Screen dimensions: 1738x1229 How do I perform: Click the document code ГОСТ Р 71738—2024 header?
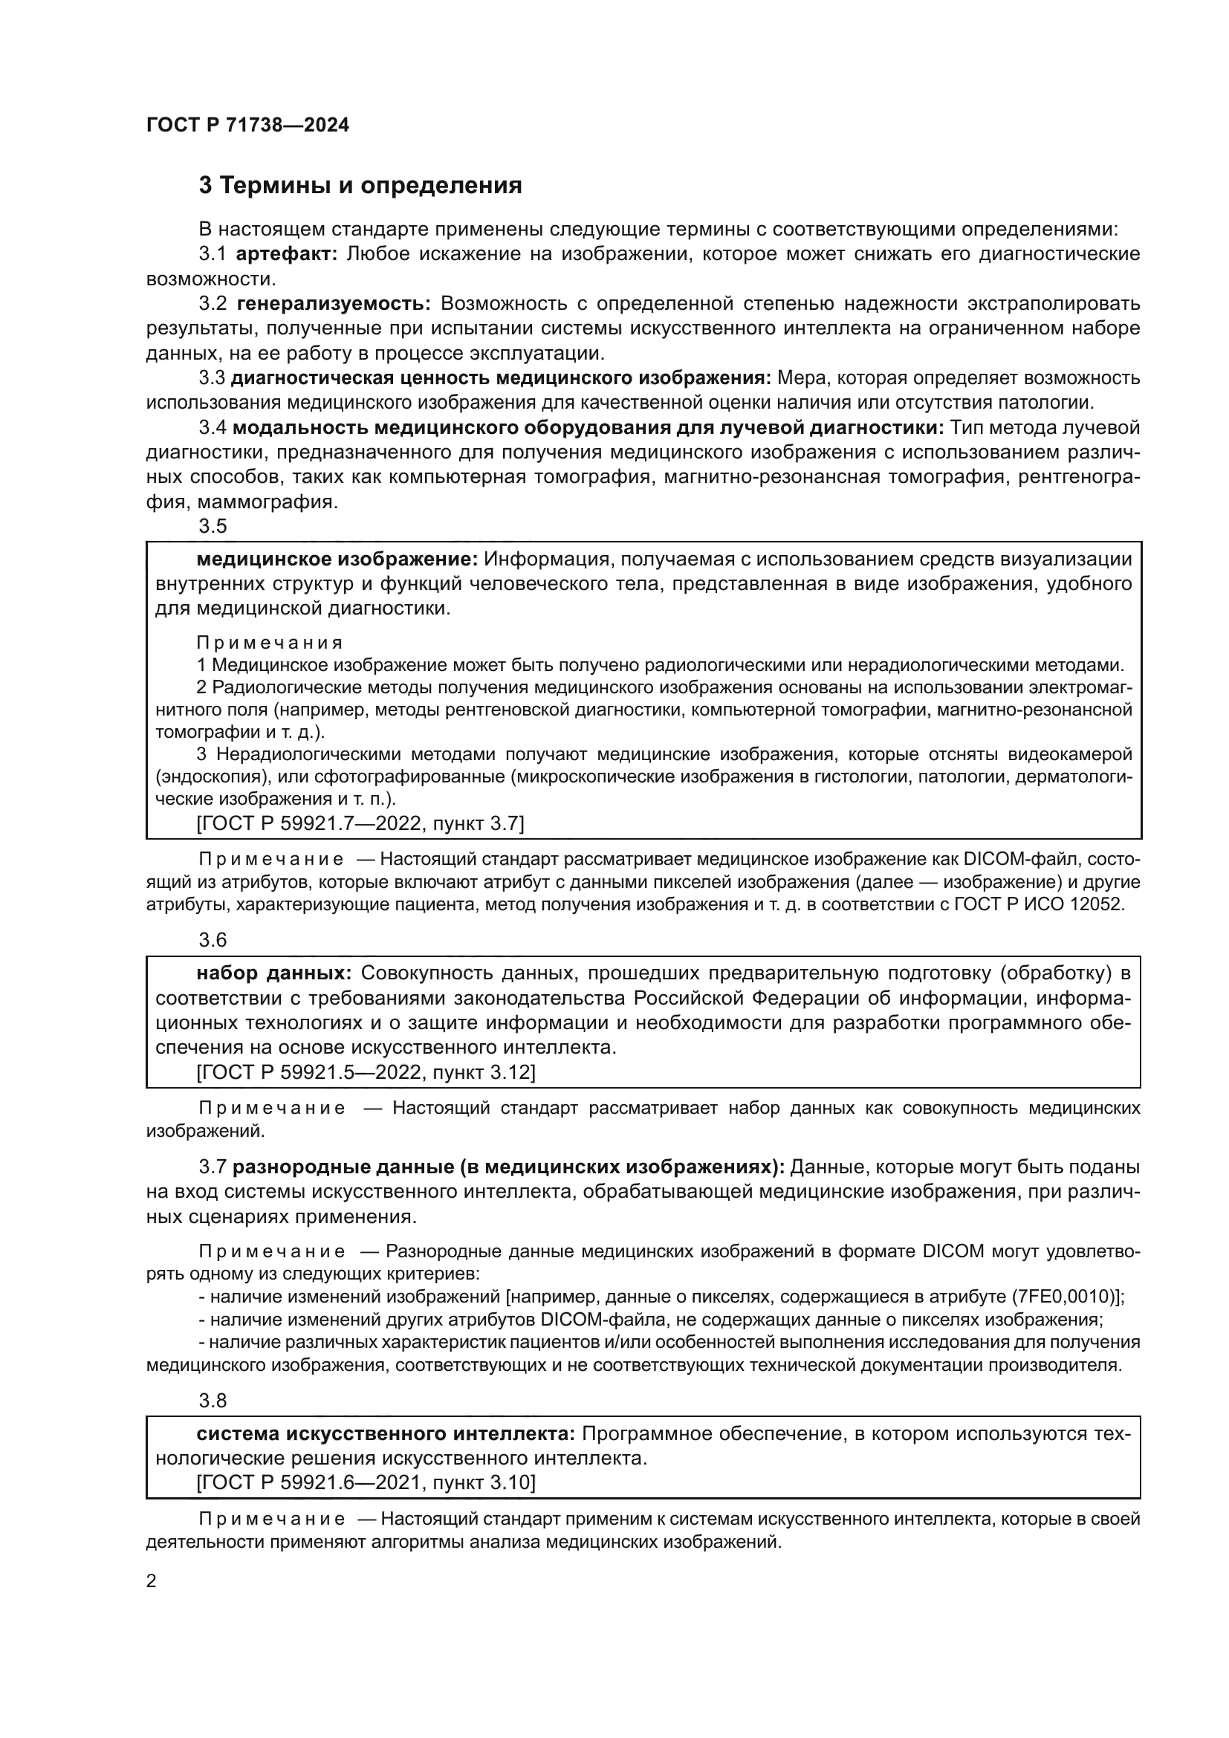click(247, 126)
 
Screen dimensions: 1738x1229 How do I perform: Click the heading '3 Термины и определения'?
click(360, 186)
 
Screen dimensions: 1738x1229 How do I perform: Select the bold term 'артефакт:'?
click(287, 253)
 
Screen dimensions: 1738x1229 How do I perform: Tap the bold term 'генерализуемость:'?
click(334, 304)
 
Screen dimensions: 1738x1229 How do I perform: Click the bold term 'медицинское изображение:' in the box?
click(337, 560)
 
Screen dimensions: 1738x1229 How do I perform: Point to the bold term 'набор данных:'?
click(274, 973)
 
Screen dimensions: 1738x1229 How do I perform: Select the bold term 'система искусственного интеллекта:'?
click(386, 1433)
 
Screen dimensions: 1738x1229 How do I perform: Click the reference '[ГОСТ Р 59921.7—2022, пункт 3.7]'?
click(360, 823)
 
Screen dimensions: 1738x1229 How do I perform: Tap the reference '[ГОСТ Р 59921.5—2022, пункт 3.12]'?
click(366, 1072)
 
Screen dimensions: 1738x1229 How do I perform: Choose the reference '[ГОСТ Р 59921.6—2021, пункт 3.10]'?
click(366, 1482)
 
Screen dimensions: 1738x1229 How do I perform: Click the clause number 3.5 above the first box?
click(213, 526)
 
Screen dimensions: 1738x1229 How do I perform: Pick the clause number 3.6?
click(213, 939)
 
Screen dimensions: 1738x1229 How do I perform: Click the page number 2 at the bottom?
click(152, 1580)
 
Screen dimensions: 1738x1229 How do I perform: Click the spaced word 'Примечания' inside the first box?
click(270, 643)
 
